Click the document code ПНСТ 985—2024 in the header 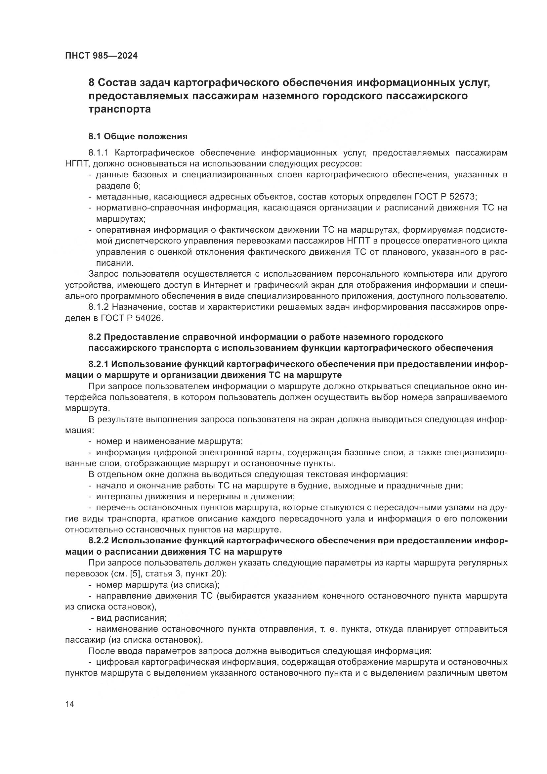click(102, 56)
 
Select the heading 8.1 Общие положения click(138, 137)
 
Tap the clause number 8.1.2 click(98, 307)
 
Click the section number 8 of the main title click(91, 83)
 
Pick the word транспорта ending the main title click(120, 109)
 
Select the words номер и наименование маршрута click(169, 442)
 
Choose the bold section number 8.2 click(95, 337)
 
